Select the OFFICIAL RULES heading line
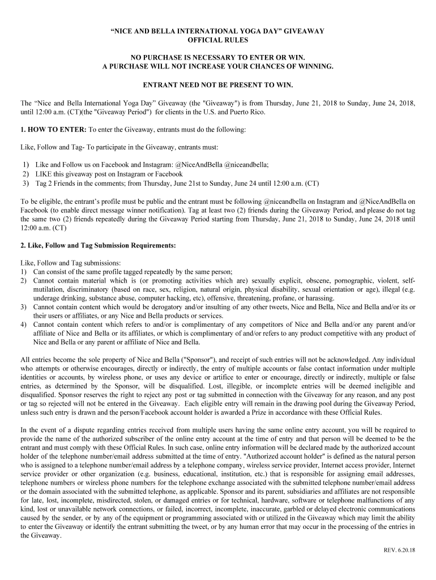218,40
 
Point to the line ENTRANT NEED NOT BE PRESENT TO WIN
218,85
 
